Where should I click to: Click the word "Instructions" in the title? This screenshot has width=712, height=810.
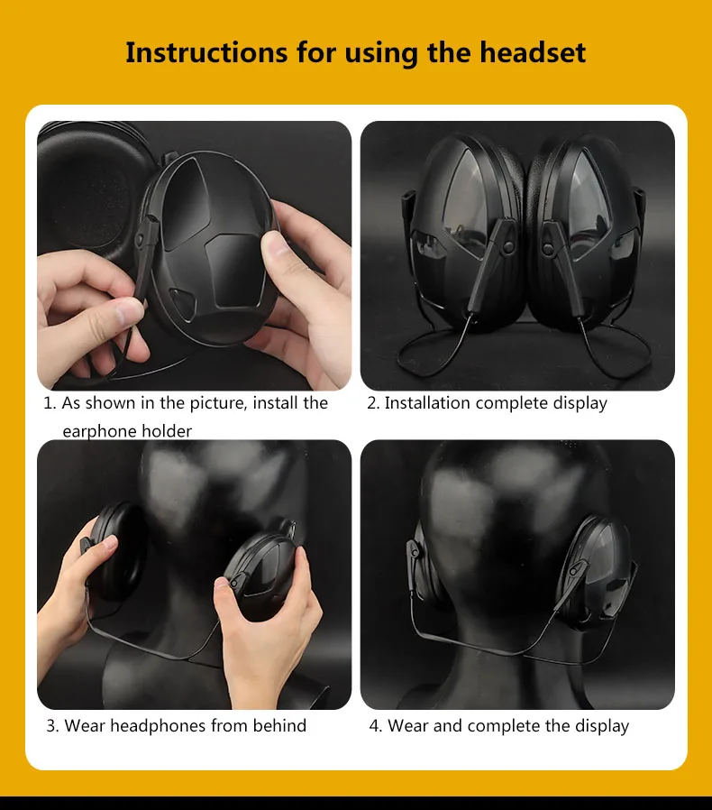206,52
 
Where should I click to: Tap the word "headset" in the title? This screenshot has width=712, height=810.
533,52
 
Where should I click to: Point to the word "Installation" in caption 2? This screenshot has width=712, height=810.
427,403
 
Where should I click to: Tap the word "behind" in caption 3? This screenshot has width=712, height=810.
279,725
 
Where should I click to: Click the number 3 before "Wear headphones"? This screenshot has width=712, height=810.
51,726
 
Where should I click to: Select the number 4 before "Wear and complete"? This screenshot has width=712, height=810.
374,726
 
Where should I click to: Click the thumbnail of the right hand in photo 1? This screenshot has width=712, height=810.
276,246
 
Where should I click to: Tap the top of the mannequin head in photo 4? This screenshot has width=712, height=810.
516,455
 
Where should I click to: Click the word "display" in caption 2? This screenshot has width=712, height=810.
580,403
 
